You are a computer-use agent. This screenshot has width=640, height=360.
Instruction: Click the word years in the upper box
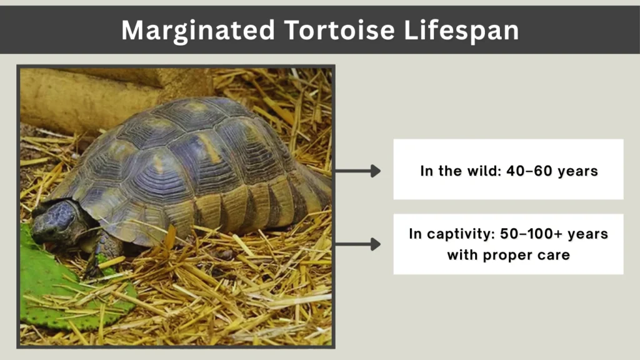click(578, 171)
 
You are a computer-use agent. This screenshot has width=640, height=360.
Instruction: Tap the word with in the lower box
click(462, 255)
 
